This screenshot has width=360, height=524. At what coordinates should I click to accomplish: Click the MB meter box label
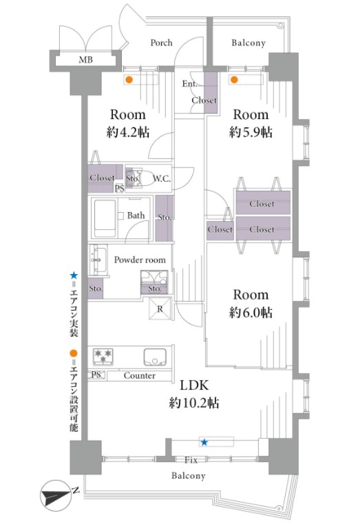click(x=85, y=60)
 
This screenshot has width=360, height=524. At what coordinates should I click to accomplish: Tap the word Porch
click(x=161, y=43)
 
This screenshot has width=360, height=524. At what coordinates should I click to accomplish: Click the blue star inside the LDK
click(x=204, y=443)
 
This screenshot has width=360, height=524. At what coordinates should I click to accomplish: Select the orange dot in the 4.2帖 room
click(x=129, y=80)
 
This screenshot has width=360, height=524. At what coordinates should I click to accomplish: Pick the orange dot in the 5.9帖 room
click(x=234, y=80)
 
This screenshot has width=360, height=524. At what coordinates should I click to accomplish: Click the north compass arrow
click(x=56, y=495)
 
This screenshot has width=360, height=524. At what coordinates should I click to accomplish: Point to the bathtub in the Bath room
click(x=105, y=218)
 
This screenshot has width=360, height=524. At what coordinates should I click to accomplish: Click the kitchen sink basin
click(x=155, y=357)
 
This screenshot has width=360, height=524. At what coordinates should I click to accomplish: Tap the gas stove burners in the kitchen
click(x=103, y=356)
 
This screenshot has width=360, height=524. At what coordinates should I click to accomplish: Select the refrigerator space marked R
click(x=160, y=308)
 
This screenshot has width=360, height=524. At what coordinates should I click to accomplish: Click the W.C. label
click(x=162, y=179)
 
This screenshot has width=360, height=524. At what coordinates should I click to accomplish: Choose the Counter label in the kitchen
click(x=139, y=376)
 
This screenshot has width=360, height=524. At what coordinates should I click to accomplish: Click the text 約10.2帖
click(x=194, y=403)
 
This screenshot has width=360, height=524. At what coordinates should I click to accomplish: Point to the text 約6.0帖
click(x=251, y=313)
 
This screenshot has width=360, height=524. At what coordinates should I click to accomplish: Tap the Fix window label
click(x=191, y=460)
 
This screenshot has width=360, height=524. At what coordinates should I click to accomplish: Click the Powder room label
click(x=140, y=260)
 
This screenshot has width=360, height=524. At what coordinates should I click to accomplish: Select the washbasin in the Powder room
click(x=98, y=260)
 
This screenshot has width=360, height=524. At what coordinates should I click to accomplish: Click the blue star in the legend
click(x=74, y=275)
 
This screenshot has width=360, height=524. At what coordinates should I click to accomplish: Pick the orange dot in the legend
click(x=74, y=353)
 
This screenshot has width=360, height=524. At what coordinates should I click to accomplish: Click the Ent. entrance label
click(x=189, y=84)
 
